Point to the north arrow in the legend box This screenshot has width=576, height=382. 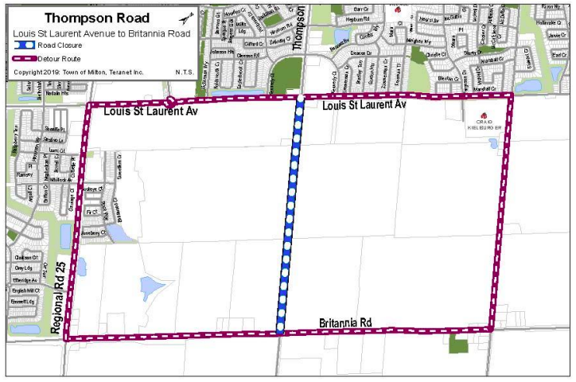pos(187,18)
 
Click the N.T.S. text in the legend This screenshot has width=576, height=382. pos(185,72)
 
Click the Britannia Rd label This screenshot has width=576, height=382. pos(346,323)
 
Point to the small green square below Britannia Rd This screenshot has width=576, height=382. pos(458,345)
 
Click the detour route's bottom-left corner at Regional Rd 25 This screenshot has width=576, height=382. pos(67,338)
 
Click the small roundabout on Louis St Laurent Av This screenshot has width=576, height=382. pos(170,102)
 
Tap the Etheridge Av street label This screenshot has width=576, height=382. pos(26,280)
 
